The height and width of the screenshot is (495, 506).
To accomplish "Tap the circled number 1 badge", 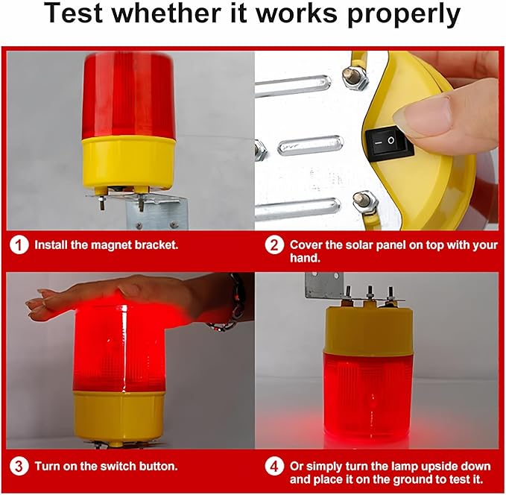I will pos(19,244).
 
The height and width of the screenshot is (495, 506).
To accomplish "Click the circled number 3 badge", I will pos(19,466).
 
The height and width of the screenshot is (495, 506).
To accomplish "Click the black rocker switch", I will pos(388,141).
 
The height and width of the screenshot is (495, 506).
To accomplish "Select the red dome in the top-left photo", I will pos(128,93).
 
